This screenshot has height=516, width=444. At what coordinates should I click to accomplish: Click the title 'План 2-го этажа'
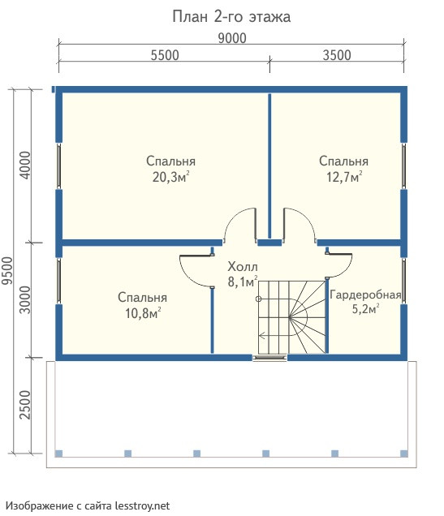coord(231,17)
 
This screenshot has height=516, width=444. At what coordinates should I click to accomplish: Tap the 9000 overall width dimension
coord(232,38)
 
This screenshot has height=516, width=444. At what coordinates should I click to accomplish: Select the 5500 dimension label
coord(165,55)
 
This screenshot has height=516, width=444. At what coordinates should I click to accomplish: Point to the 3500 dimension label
coord(337,55)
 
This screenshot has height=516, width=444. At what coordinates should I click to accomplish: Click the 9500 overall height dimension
coord(7,271)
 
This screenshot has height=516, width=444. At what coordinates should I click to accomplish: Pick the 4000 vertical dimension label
coord(25,166)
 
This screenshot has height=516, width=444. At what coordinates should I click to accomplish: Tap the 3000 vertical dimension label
coord(25,299)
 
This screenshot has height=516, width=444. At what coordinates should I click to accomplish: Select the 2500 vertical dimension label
coord(25,405)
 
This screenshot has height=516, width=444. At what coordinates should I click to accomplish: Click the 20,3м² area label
coord(170,177)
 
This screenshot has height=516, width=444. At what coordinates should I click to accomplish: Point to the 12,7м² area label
coord(344,177)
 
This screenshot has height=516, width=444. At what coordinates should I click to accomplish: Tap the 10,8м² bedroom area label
coord(143,313)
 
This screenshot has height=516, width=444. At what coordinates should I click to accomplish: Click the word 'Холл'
coord(243,267)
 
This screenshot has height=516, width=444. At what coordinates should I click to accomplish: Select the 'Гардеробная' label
coord(365,295)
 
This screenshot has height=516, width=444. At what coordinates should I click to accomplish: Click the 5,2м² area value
coord(365,309)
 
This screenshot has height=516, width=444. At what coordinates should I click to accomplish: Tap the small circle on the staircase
coord(259,299)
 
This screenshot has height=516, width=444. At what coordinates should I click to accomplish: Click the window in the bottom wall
coord(269,358)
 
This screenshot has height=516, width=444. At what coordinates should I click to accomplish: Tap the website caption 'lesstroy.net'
coord(143,505)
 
